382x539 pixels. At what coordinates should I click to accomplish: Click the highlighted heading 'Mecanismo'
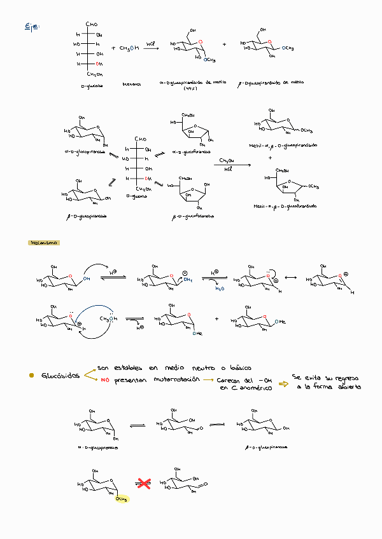pos(44,242)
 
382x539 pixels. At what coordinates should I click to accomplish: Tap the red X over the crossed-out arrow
pos(145,484)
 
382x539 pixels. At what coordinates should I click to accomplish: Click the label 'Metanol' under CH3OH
pos(131,84)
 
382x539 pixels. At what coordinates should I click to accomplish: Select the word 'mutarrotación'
pos(171,379)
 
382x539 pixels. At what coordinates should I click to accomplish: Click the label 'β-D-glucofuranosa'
pos(193,217)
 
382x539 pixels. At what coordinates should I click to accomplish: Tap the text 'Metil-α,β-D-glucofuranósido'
pos(285,206)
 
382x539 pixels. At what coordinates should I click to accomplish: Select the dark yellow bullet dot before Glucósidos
pos(31,376)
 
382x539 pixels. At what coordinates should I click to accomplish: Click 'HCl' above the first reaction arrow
pos(150,43)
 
